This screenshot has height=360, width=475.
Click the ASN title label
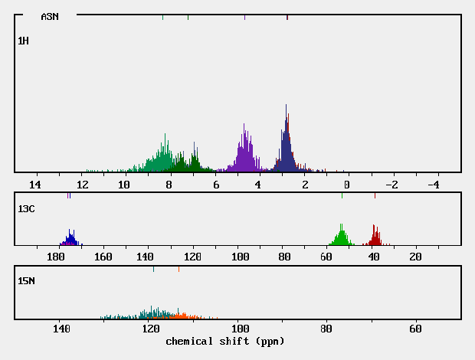[x=49, y=17]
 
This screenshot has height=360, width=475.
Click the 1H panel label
[x=24, y=40]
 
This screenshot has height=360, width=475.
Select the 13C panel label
[x=26, y=208]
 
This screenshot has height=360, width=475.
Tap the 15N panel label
[x=26, y=281]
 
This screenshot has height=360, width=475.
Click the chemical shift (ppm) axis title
[x=224, y=341]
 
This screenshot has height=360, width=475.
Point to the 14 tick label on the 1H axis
[x=34, y=185]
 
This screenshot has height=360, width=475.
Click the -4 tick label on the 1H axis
[x=432, y=185]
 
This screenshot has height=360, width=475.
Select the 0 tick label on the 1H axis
[x=346, y=185]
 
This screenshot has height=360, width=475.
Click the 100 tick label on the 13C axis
[x=241, y=257]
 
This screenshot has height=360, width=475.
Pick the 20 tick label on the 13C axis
[x=415, y=257]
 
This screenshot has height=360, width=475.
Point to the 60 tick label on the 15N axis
[x=415, y=329]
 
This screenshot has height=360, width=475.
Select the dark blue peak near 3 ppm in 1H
[x=286, y=142]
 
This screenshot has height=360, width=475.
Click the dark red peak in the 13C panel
[x=375, y=236]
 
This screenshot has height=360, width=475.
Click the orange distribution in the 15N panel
[x=181, y=315]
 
